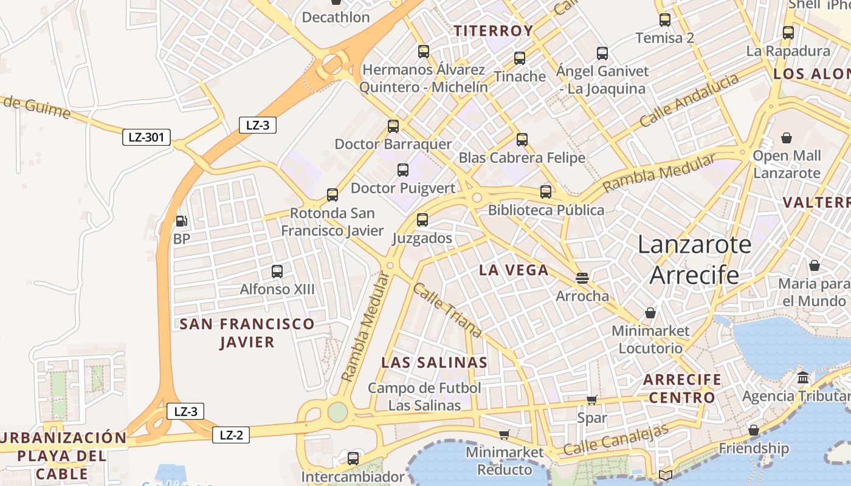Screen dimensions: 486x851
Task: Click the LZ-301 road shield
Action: pyautogui.click(x=146, y=137)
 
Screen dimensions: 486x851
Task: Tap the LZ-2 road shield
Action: pyautogui.click(x=231, y=435)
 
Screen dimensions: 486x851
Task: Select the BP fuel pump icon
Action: pyautogui.click(x=181, y=221)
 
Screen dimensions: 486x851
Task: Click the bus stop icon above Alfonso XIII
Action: pyautogui.click(x=277, y=272)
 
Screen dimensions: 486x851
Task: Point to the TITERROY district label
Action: pyautogui.click(x=494, y=31)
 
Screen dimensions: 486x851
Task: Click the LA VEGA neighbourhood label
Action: pyautogui.click(x=514, y=270)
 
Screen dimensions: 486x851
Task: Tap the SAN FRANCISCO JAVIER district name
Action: pyautogui.click(x=247, y=333)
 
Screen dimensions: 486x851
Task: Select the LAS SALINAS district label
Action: pyautogui.click(x=434, y=363)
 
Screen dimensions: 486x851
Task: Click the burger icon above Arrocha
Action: pyautogui.click(x=582, y=279)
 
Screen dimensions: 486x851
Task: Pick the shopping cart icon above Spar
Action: pyautogui.click(x=591, y=400)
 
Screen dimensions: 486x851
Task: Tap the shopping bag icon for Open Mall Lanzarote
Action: pyautogui.click(x=787, y=138)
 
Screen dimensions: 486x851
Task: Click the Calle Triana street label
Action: pyautogui.click(x=447, y=310)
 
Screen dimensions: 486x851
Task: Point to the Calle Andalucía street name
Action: pyautogui.click(x=689, y=100)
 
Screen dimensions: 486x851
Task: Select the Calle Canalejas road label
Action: pyautogui.click(x=616, y=440)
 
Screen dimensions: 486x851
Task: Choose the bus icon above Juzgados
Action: pyautogui.click(x=422, y=220)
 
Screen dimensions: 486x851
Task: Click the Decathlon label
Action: pyautogui.click(x=336, y=17)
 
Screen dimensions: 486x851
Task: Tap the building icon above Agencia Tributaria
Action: pyautogui.click(x=803, y=378)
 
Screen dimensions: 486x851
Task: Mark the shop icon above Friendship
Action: pyautogui.click(x=754, y=430)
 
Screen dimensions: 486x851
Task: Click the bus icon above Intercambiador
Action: pyautogui.click(x=353, y=459)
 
